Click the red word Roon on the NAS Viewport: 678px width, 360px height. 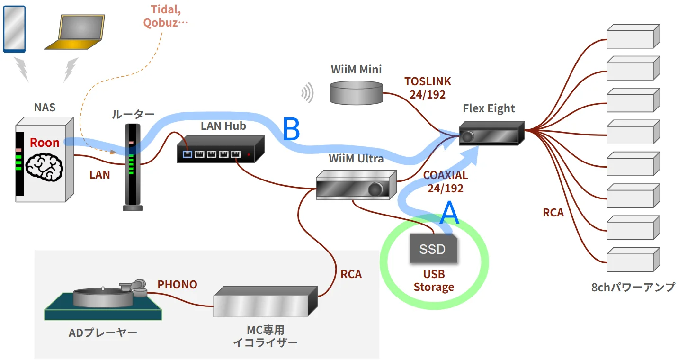[45, 143]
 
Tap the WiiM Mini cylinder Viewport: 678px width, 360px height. [357, 92]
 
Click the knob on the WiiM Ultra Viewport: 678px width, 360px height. [376, 189]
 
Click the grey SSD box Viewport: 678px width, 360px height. [433, 249]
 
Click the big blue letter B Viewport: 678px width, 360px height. [291, 129]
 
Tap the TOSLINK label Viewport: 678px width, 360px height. [428, 81]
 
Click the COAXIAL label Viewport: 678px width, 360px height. [445, 175]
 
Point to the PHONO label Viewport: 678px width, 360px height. [177, 285]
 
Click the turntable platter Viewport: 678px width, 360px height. [101, 297]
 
